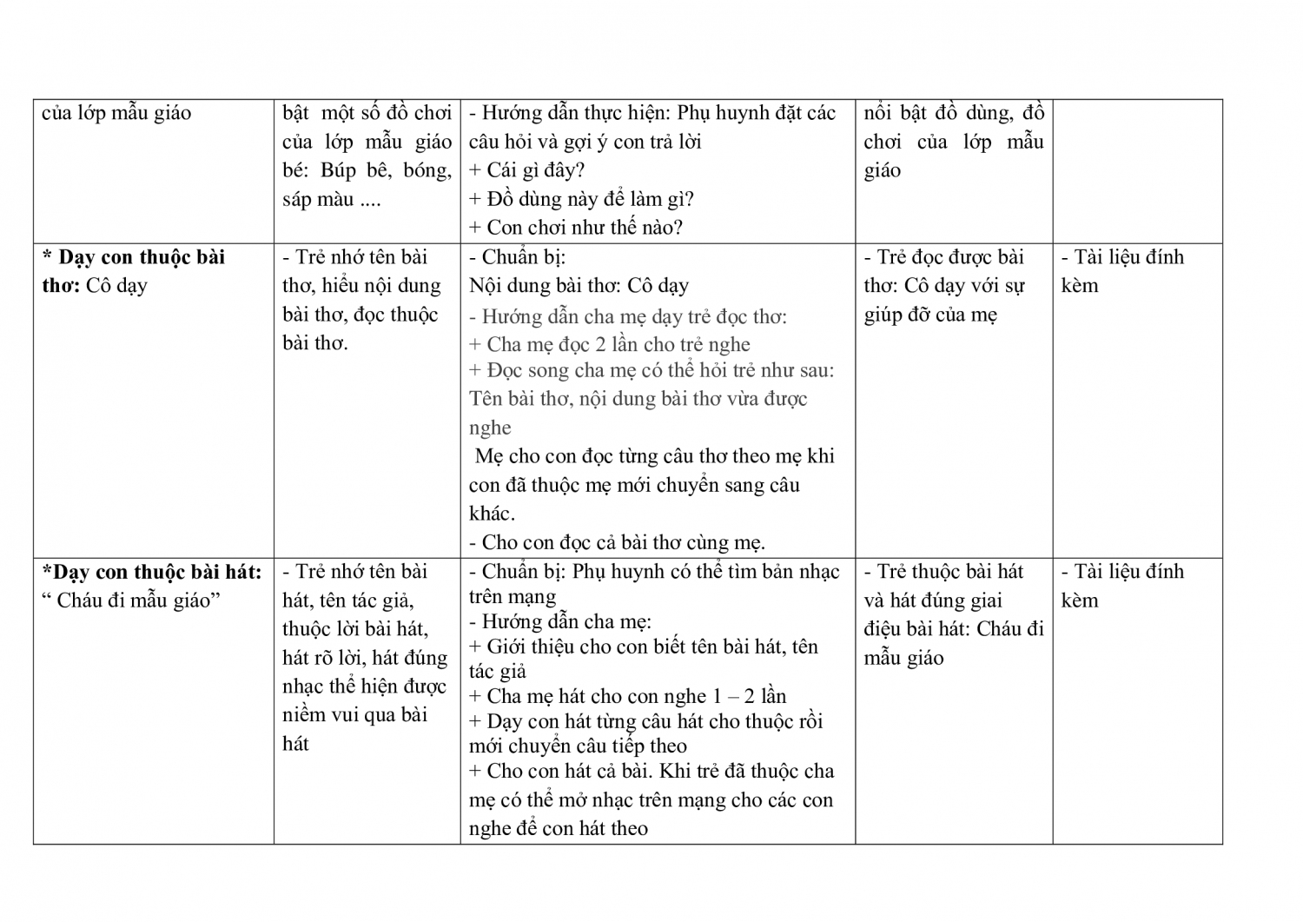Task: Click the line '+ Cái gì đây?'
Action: tap(526, 170)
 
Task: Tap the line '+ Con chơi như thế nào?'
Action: tap(576, 228)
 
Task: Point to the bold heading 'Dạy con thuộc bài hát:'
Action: tap(151, 572)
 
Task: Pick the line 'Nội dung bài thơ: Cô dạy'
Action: tap(579, 286)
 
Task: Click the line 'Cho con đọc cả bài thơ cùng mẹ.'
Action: tap(617, 542)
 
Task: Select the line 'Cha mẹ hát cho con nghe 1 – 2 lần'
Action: tap(627, 696)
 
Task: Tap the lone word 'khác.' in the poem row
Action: tap(492, 514)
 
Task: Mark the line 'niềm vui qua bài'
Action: tap(355, 715)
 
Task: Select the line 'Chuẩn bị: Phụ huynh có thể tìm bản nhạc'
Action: tap(654, 572)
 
